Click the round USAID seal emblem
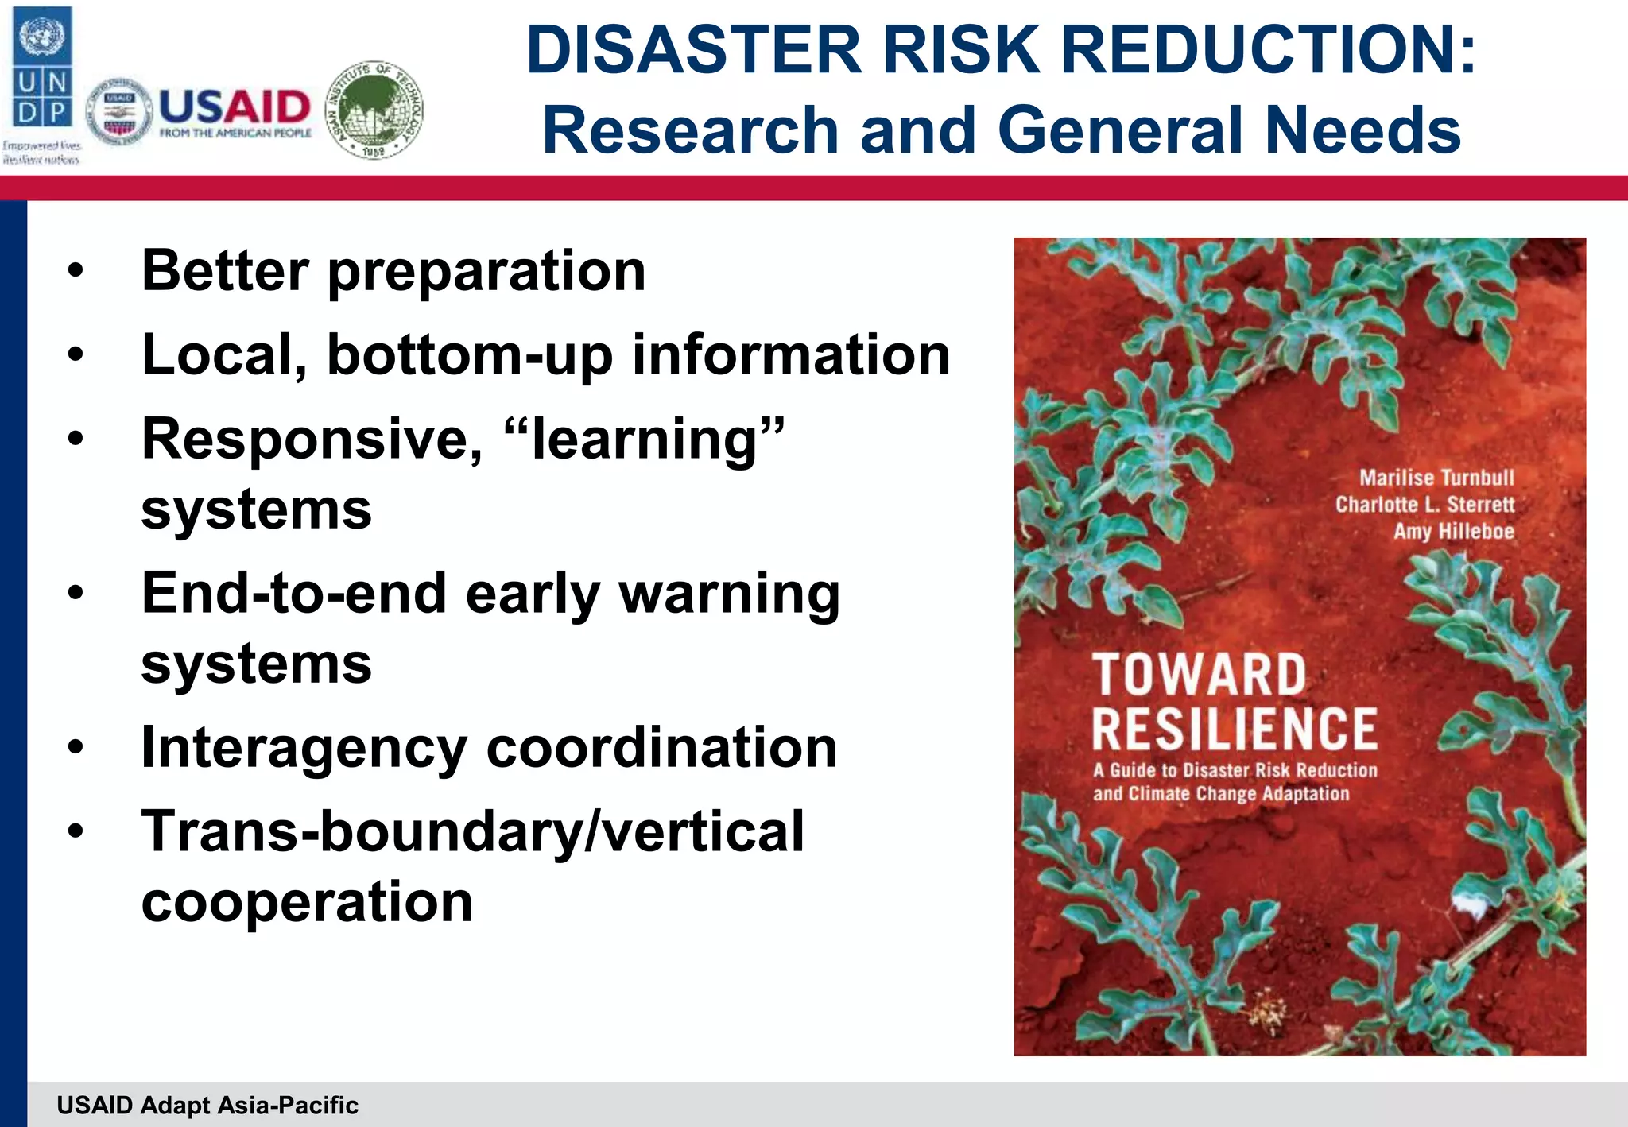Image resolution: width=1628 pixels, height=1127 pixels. click(x=119, y=112)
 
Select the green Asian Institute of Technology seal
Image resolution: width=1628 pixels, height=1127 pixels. click(x=375, y=110)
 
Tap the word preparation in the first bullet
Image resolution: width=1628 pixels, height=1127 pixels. click(x=486, y=272)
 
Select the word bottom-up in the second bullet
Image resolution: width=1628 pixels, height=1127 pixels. click(x=470, y=355)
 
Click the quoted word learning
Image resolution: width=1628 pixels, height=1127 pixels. click(x=645, y=439)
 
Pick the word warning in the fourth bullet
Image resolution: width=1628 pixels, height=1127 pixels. click(x=729, y=594)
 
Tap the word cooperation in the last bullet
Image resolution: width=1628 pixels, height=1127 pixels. click(x=307, y=901)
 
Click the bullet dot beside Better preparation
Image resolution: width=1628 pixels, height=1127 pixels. click(x=76, y=271)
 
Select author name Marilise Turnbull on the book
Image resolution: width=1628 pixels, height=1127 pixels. click(x=1436, y=478)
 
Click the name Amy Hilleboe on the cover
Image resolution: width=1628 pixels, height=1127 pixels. click(x=1453, y=531)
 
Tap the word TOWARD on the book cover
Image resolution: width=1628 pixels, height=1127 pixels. click(x=1198, y=674)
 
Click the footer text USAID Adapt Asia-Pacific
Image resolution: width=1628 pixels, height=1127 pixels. click(x=207, y=1105)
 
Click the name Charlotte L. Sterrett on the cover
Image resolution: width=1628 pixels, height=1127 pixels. click(x=1424, y=505)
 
